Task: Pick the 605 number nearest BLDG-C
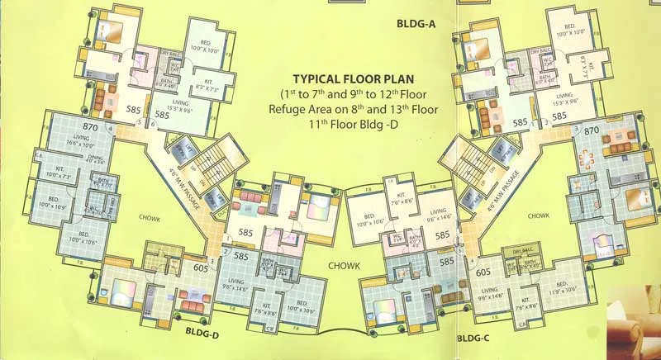pos(483,272)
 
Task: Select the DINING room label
pos(95,160)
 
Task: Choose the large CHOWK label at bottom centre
pos(344,267)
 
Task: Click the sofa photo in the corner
pos(634,326)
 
